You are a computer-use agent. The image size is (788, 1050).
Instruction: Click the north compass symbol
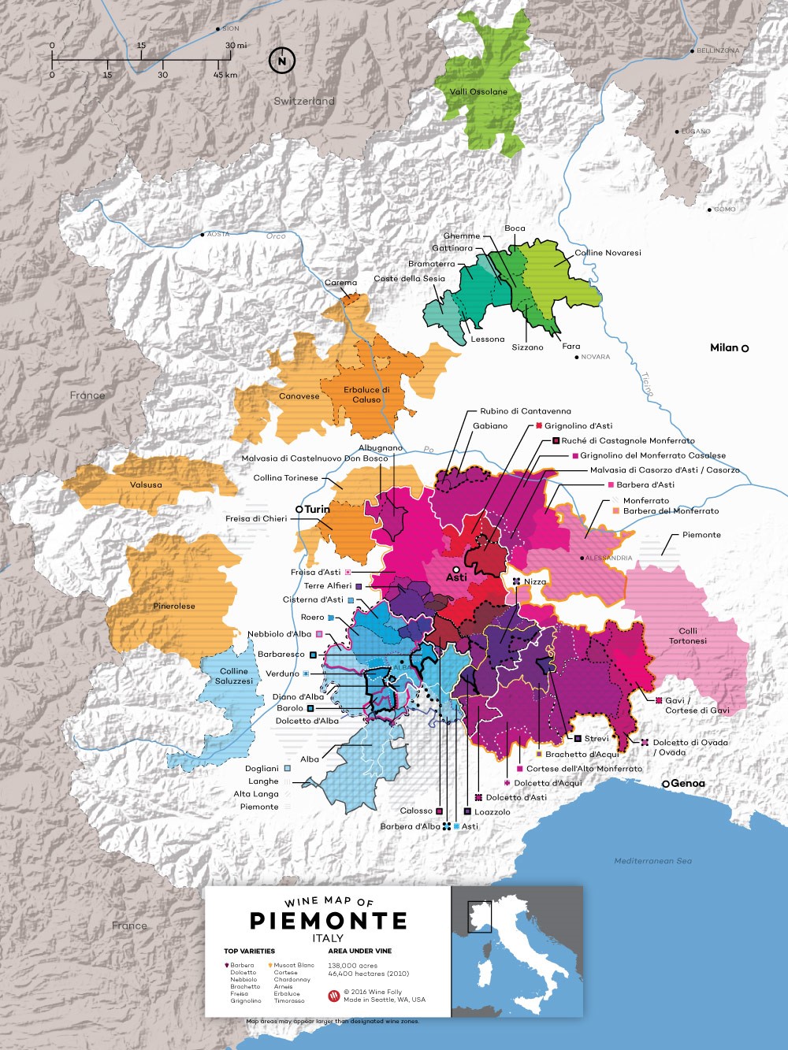coord(281,61)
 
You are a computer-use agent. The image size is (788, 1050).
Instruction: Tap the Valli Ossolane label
coord(478,91)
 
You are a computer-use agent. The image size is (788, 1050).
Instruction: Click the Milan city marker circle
coord(745,348)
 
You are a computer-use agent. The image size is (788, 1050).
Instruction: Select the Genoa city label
coord(688,784)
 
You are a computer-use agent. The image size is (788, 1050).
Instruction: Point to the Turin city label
coord(317,510)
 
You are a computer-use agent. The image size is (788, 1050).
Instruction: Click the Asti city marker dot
coord(456,569)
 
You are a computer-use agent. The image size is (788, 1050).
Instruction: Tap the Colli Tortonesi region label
coord(688,636)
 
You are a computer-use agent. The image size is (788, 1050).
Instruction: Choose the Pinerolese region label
coord(174,606)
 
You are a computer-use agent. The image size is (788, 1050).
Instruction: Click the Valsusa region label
coord(146,485)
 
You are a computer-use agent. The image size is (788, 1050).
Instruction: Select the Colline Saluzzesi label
coord(234,676)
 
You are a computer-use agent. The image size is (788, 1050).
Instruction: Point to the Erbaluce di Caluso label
coord(366,395)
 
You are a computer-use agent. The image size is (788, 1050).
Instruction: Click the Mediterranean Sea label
coord(652,861)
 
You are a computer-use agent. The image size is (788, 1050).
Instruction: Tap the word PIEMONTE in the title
coord(329,921)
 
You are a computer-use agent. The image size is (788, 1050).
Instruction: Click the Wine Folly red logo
coord(333,996)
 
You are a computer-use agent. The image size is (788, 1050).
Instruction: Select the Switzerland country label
coord(304,101)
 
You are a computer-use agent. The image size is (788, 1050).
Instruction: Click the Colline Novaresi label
coord(608,253)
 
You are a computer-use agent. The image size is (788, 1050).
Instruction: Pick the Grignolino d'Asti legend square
coord(540,426)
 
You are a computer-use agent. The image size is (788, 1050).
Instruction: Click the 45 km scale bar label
coord(225,76)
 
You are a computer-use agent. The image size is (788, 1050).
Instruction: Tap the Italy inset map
coord(516,951)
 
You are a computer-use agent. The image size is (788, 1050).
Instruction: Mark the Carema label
coord(340,283)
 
